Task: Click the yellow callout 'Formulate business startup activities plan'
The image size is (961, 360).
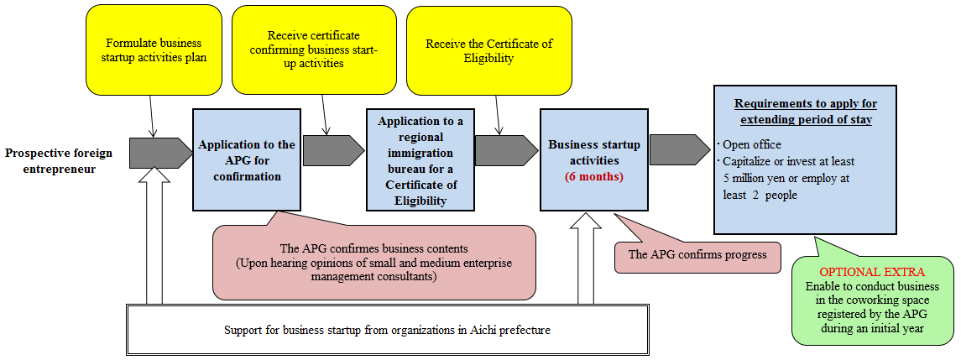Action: coord(154,50)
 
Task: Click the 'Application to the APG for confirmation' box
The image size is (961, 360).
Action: coord(247,159)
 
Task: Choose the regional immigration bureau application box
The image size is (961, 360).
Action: coord(420,160)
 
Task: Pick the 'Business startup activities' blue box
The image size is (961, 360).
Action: coord(593,159)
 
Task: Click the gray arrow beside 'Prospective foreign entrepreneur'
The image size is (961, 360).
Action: coord(160,153)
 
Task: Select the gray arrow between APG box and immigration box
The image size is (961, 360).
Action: coord(333,151)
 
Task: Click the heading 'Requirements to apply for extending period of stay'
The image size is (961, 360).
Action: coord(806,112)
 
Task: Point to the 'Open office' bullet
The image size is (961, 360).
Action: coord(751,144)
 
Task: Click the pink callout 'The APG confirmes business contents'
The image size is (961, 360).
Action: coord(373,262)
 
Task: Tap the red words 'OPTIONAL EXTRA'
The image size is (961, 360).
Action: coord(871,273)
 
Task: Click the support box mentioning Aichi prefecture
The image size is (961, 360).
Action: coord(387,329)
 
